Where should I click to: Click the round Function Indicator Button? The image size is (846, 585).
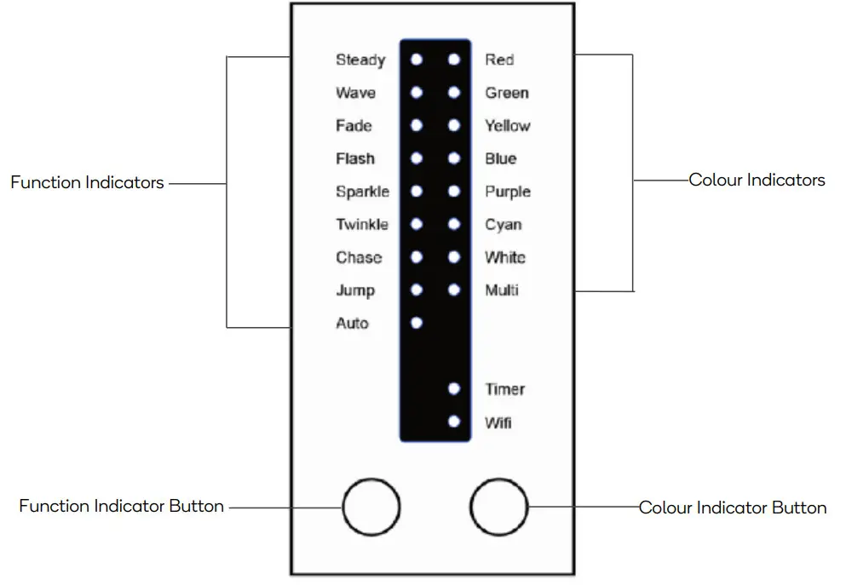coord(371,508)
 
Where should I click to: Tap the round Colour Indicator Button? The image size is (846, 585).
coord(499,508)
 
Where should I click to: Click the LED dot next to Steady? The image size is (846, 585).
coord(417,60)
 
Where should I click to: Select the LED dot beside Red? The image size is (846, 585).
coord(454,60)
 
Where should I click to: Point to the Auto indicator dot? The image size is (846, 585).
coord(417,323)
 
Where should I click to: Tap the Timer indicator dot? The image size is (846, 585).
coord(454,389)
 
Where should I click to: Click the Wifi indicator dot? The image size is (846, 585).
coord(454,422)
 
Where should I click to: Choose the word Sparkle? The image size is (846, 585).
coord(362,192)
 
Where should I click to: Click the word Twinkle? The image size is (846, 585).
coord(362,225)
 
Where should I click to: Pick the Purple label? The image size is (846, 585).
coord(508,192)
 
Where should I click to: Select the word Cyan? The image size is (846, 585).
coord(504,225)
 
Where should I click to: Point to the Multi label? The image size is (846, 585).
coord(502,290)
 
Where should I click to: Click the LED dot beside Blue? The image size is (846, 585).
coord(454,158)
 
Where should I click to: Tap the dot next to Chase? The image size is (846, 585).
coord(417,257)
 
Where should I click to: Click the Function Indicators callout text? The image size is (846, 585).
coord(87,182)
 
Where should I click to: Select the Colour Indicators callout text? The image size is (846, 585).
coord(757,180)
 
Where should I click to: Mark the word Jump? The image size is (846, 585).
coord(355,290)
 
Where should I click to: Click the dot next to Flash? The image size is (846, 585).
coord(417,158)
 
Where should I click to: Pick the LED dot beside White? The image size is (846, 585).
coord(454,257)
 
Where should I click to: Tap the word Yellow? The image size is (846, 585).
coord(508,126)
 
